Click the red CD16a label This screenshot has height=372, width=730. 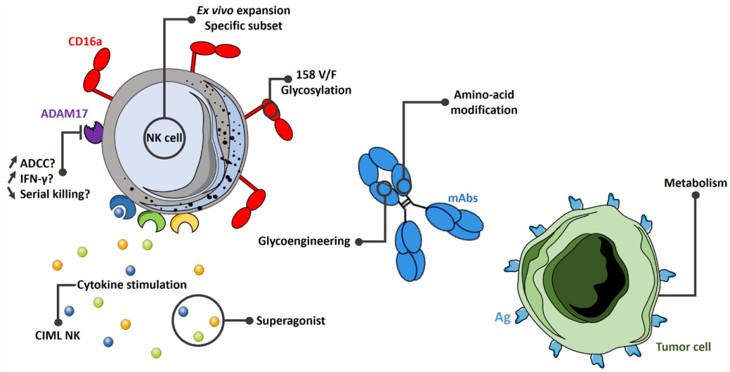click(84, 42)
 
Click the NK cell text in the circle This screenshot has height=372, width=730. click(163, 138)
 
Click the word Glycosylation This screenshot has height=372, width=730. click(316, 90)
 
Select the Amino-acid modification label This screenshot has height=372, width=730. click(484, 102)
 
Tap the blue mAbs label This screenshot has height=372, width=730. click(463, 198)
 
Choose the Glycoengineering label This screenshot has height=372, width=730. click(303, 241)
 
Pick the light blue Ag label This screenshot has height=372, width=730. click(502, 317)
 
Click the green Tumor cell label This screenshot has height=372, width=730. click(683, 347)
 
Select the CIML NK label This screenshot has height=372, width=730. click(57, 335)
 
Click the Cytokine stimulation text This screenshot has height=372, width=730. click(132, 285)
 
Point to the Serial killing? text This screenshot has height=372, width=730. click(55, 193)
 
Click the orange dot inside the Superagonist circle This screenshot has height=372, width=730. click(214, 321)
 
